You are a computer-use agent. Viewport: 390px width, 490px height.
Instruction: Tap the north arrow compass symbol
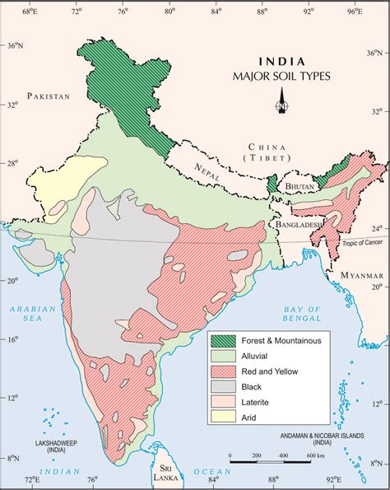(x=282, y=105)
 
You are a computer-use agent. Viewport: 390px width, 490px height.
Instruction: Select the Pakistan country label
(x=49, y=97)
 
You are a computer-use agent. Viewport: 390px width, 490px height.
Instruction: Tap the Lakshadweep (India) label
(x=32, y=446)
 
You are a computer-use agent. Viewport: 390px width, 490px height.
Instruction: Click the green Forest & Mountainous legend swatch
(x=223, y=340)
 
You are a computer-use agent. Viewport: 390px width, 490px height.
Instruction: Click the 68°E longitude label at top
(x=29, y=12)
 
